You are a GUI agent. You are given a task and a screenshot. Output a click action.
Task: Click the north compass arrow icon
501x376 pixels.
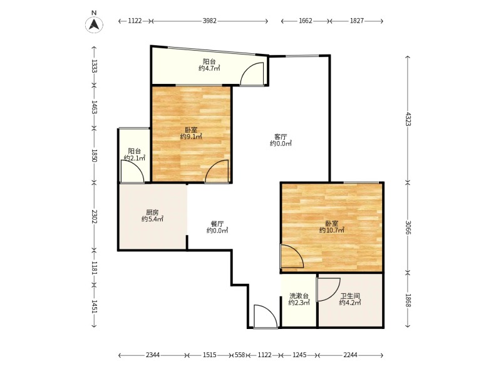pyautogui.click(x=93, y=24)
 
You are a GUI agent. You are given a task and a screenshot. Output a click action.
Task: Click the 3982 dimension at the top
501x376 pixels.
pyautogui.click(x=210, y=21)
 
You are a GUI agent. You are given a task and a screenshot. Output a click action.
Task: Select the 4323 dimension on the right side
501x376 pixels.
pyautogui.click(x=408, y=119)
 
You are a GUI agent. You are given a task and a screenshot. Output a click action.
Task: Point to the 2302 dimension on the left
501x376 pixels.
pyautogui.click(x=94, y=216)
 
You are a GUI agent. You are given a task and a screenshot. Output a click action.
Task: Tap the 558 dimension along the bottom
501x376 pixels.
pyautogui.click(x=240, y=355)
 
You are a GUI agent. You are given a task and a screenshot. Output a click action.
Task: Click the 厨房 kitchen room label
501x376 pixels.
pyautogui.click(x=152, y=212)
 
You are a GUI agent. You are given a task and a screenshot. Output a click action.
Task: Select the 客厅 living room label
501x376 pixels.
pyautogui.click(x=281, y=137)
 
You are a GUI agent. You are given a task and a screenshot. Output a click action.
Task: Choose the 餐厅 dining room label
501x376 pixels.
pyautogui.click(x=217, y=224)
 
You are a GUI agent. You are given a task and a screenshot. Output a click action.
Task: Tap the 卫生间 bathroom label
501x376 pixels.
pyautogui.click(x=350, y=296)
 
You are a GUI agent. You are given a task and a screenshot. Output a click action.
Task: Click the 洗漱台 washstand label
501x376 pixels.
pyautogui.click(x=299, y=295)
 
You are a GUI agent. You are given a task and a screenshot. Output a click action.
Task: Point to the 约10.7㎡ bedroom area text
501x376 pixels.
pyautogui.click(x=332, y=230)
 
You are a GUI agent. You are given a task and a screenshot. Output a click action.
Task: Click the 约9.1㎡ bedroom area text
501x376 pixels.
pyautogui.click(x=191, y=137)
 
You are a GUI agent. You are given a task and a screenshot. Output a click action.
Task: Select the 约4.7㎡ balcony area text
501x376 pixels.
pyautogui.click(x=209, y=68)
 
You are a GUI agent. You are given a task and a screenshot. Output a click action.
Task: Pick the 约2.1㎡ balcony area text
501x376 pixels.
pyautogui.click(x=135, y=158)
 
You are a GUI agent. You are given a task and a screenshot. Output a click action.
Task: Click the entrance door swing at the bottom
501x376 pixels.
pyautogui.click(x=265, y=316)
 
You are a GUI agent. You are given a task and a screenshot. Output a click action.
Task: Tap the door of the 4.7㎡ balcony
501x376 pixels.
pyautogui.click(x=252, y=74)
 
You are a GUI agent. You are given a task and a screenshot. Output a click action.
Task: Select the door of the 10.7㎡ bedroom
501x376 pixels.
pyautogui.click(x=292, y=256)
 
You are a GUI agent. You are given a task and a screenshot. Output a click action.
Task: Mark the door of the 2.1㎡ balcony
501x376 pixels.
pyautogui.click(x=133, y=171)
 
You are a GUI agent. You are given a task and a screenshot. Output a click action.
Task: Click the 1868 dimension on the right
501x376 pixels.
pyautogui.click(x=408, y=301)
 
